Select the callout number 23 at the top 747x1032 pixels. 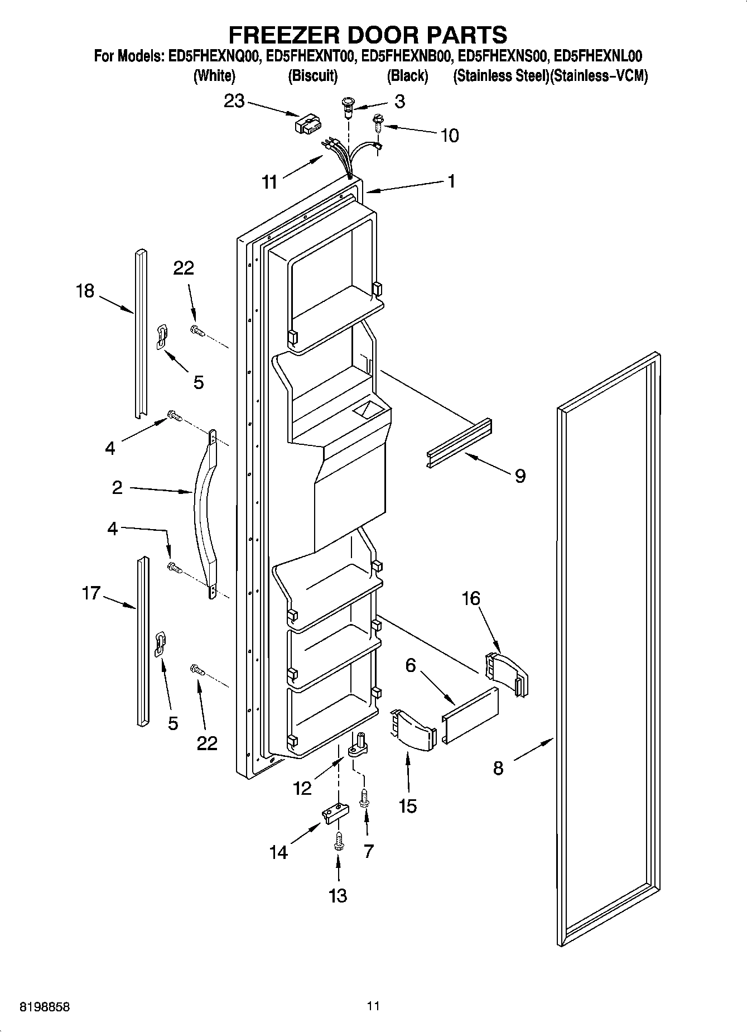tap(234, 101)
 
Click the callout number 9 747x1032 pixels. tap(520, 476)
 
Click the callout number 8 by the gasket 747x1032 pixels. tap(498, 768)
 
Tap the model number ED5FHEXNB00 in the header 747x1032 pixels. tap(406, 56)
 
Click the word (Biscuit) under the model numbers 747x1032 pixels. tap(312, 76)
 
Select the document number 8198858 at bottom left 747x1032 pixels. tap(45, 1007)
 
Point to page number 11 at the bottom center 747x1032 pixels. tap(373, 1006)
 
